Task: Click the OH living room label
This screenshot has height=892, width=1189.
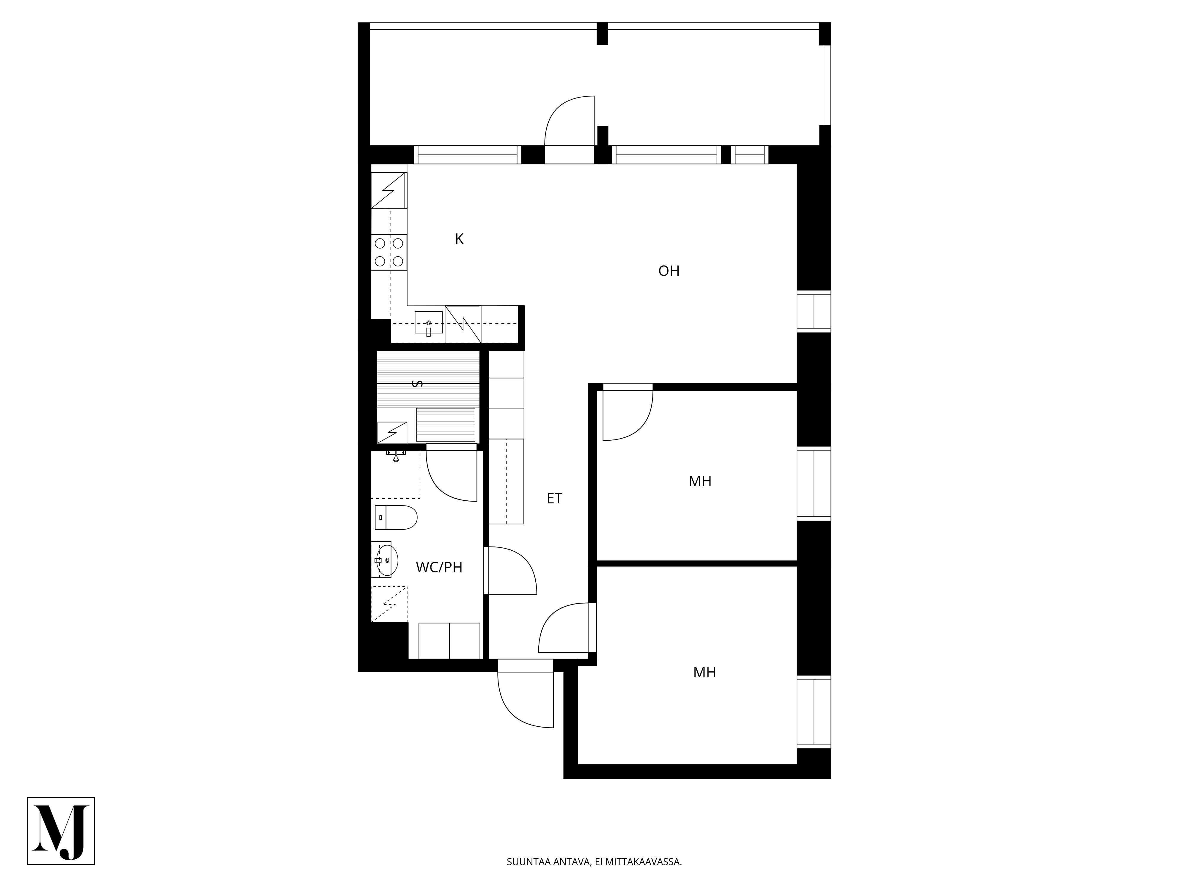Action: click(669, 271)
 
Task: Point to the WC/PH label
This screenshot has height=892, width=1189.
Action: click(439, 567)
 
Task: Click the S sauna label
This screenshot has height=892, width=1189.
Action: click(416, 383)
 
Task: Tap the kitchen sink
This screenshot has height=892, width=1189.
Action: click(428, 323)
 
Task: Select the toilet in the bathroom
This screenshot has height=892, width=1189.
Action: click(396, 517)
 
